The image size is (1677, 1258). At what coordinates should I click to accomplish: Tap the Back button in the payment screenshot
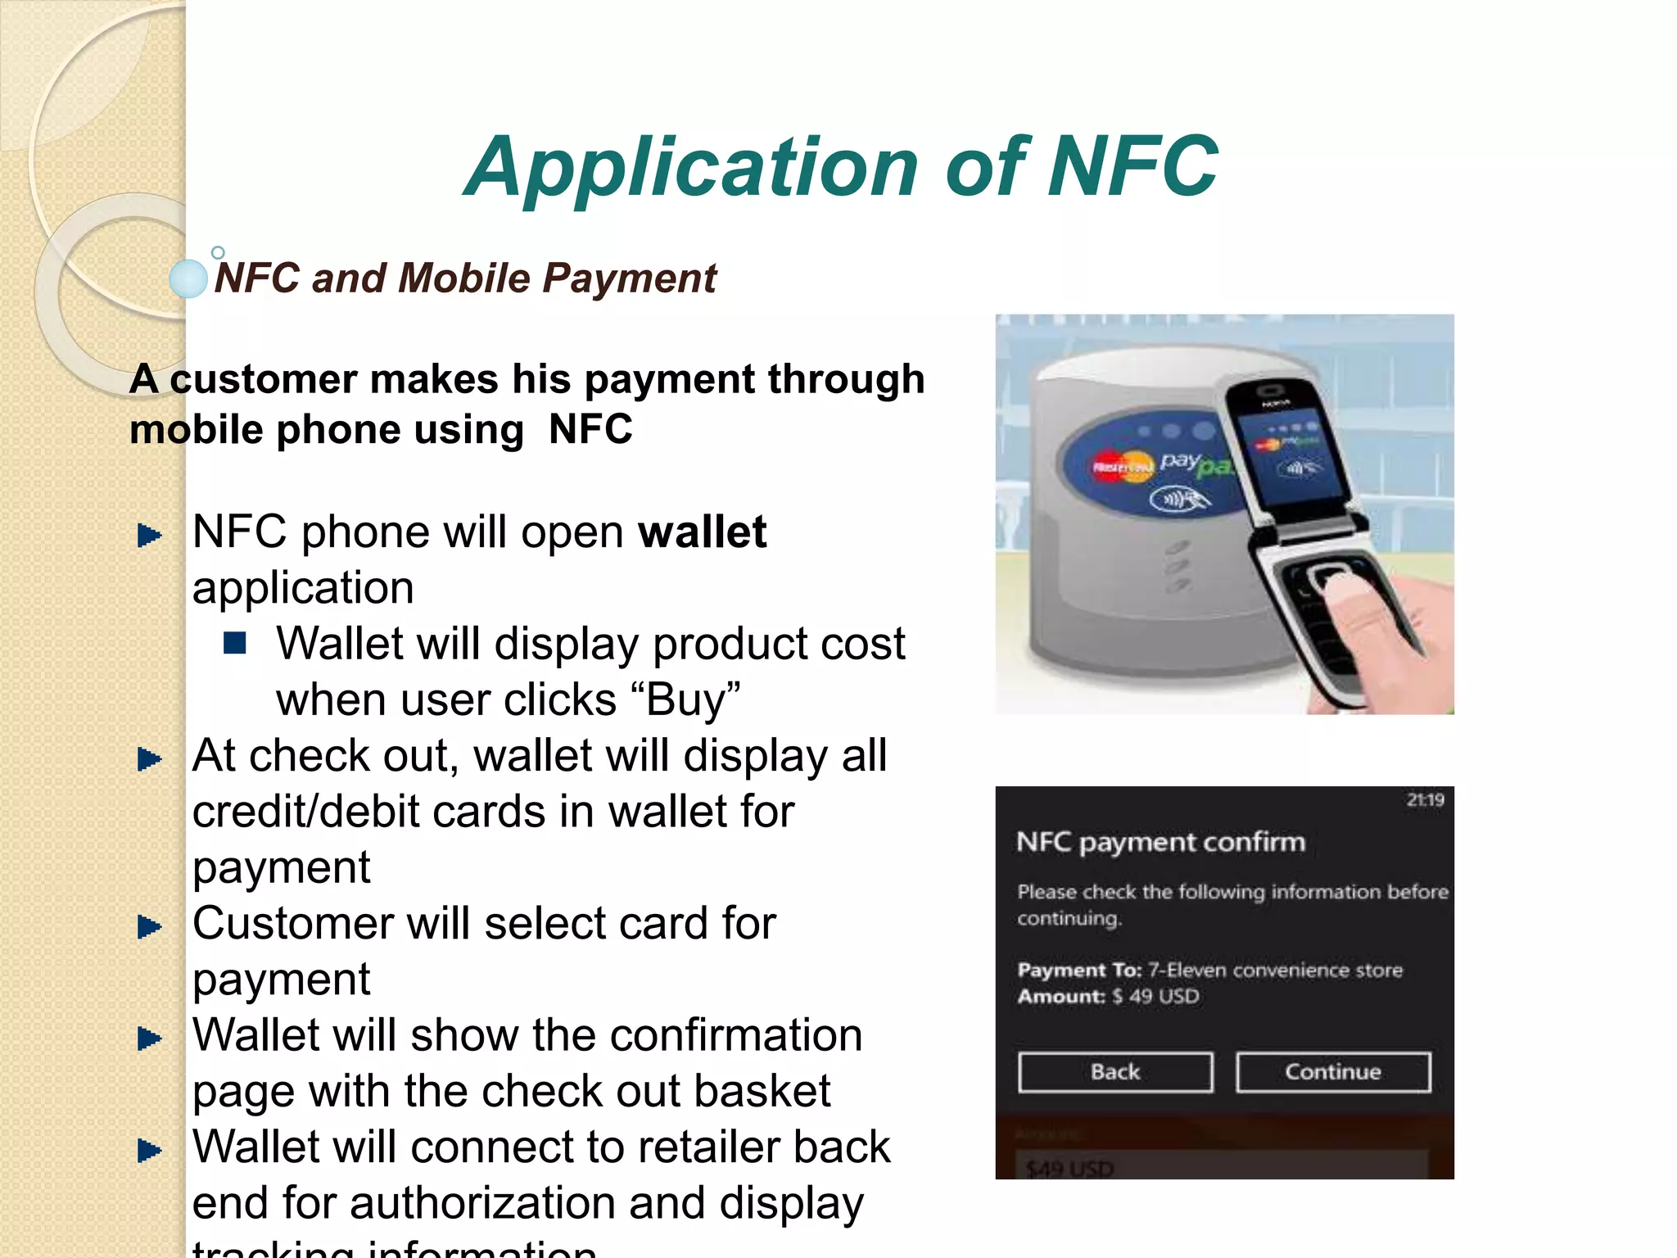1114,1072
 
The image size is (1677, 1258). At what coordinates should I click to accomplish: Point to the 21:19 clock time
1425,800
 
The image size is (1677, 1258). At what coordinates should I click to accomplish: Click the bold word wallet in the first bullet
702,532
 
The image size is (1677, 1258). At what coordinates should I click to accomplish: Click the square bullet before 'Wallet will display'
235,644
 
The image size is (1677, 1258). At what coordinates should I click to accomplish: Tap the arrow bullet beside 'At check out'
149,759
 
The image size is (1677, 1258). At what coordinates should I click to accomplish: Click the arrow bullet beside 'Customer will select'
149,927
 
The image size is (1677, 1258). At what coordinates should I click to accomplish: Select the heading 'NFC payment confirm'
1160,843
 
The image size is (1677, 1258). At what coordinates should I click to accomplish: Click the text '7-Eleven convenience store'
1275,971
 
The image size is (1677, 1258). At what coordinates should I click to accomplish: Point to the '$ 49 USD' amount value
1155,997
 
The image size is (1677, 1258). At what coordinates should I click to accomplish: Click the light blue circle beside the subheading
188,278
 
